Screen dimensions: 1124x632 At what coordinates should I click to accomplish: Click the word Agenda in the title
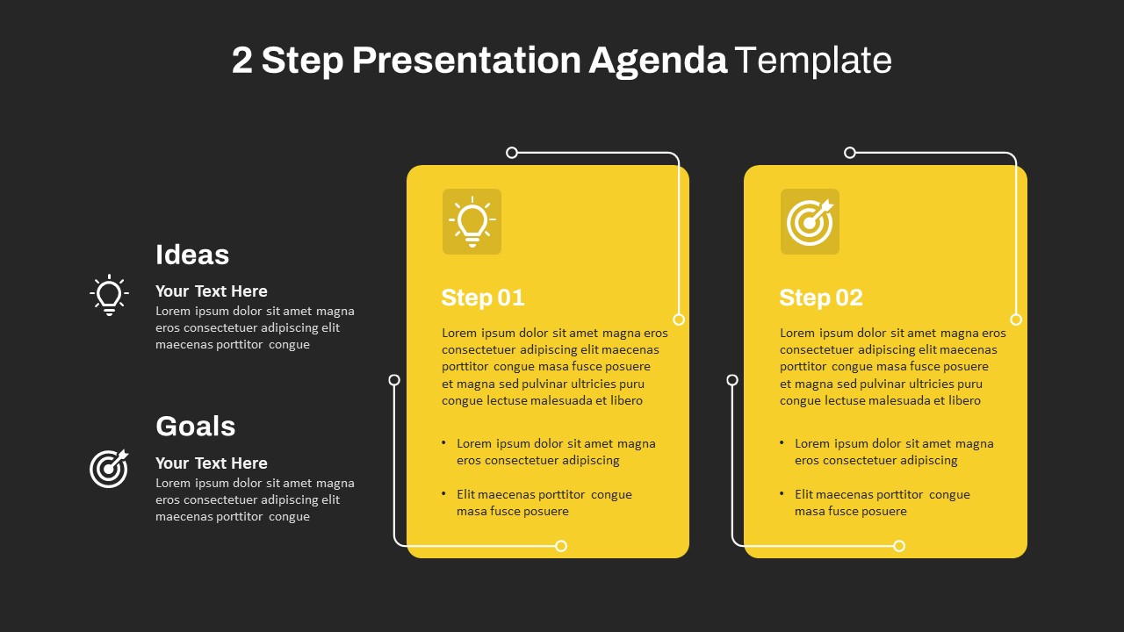point(658,61)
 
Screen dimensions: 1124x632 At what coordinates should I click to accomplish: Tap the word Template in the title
point(813,61)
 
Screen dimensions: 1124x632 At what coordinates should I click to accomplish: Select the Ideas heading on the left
point(192,255)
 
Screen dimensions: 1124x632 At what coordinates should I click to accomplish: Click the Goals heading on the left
point(195,427)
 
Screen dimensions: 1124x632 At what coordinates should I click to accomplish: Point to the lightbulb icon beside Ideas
point(110,295)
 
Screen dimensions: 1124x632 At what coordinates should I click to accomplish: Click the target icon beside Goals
point(109,469)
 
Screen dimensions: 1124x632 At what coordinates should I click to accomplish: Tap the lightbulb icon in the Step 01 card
point(472,222)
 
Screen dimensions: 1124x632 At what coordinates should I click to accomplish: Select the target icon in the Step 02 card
point(810,222)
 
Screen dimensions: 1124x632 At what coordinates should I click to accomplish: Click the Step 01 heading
point(483,298)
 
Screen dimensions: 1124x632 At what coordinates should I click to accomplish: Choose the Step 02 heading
point(821,298)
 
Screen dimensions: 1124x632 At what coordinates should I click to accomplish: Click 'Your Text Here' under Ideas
point(212,291)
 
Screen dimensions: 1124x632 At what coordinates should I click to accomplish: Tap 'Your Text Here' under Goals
point(212,463)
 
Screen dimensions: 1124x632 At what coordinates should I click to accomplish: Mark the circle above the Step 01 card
point(512,153)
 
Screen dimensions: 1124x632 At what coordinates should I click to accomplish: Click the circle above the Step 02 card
point(849,153)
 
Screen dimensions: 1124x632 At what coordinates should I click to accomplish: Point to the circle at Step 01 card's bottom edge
point(561,546)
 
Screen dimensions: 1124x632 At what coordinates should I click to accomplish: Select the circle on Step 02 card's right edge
point(1016,320)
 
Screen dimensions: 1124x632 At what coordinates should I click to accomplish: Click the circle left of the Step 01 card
point(394,380)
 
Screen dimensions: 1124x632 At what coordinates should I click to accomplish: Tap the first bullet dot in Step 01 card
point(443,442)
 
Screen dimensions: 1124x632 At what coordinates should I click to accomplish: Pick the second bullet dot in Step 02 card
point(782,493)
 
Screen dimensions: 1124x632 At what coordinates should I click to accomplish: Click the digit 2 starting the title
point(241,61)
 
